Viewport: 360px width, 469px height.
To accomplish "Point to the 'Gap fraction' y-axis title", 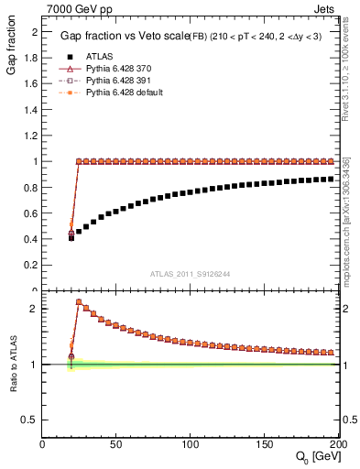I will [11, 50].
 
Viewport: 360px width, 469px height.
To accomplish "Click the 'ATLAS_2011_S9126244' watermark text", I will [191, 274].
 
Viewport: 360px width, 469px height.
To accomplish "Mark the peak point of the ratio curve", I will [79, 301].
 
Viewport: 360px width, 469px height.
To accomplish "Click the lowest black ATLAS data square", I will [71, 237].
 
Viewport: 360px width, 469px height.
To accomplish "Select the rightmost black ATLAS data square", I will [330, 179].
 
